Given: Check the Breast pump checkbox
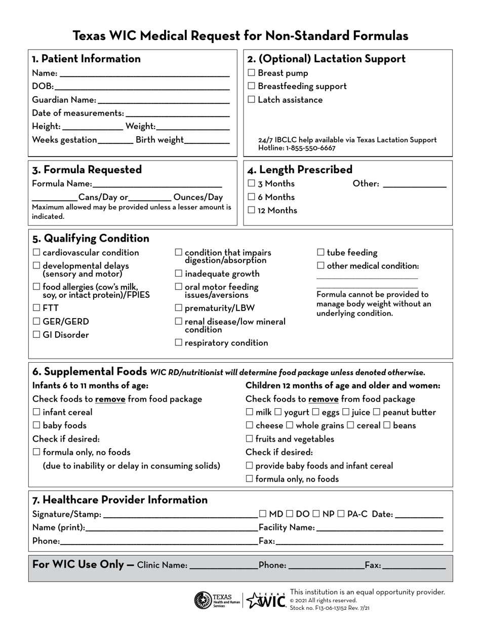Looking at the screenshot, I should coord(252,73).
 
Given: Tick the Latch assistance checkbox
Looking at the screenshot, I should coord(252,100).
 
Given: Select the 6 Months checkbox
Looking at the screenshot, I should coord(252,197).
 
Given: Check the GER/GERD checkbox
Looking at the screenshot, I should coord(36,322).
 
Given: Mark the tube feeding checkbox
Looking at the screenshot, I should coord(320,253).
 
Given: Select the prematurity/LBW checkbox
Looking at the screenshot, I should coord(178,308).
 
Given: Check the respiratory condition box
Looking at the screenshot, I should coord(178,343).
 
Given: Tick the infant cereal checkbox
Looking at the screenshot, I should coord(36,412).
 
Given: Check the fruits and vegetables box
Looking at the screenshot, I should coord(250,439).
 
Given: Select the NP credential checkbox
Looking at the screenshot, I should coord(316,514).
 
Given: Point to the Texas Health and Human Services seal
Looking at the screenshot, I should coord(203,600).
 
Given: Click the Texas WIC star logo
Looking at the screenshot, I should coord(265,600).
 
